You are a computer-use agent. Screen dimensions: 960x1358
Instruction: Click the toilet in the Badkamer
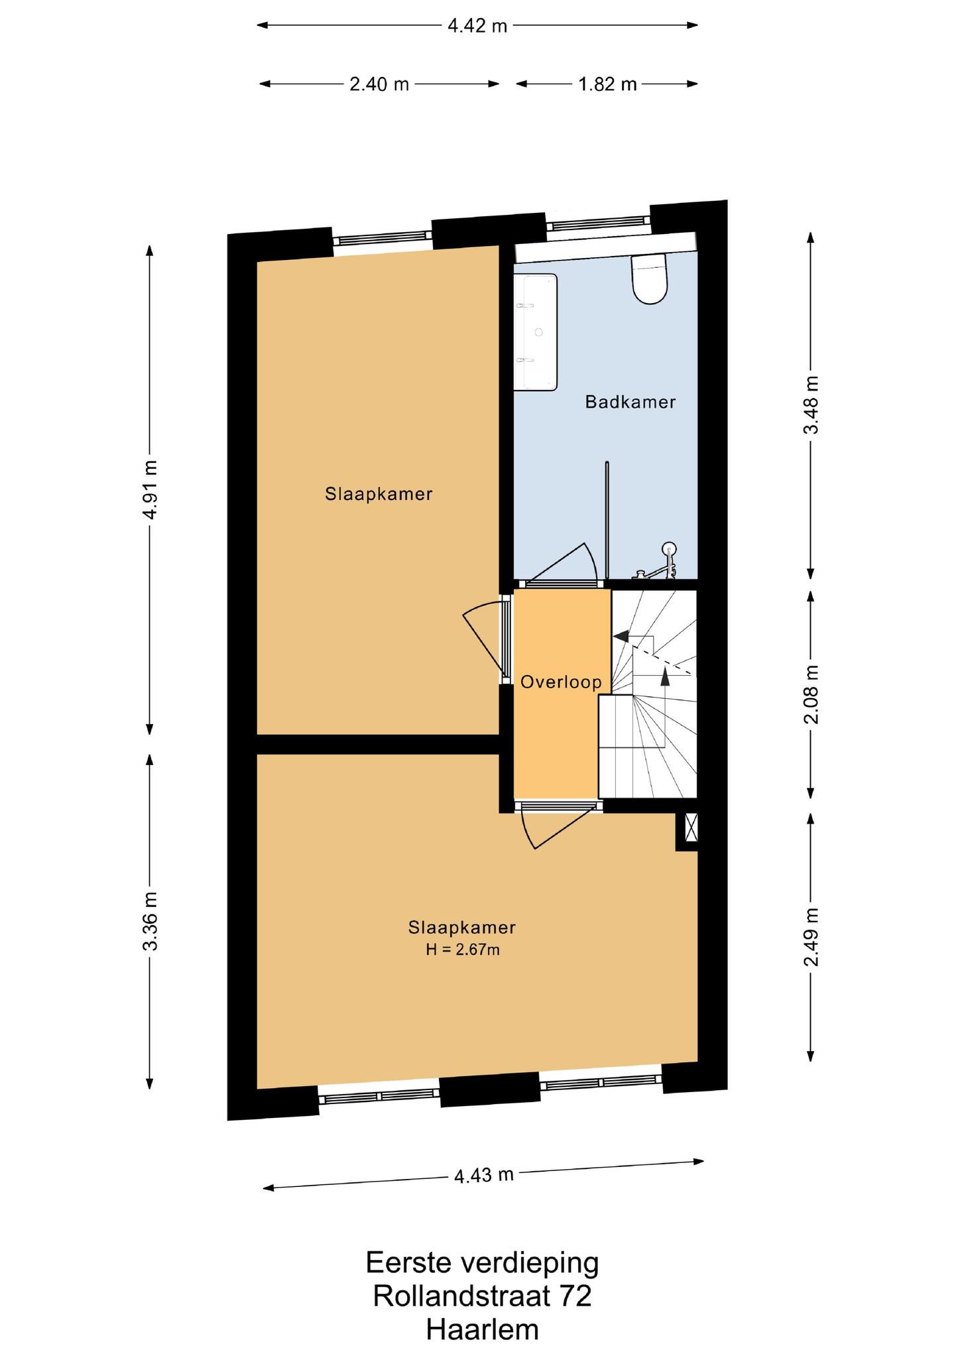pyautogui.click(x=649, y=278)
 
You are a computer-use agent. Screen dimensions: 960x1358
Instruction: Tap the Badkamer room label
pyautogui.click(x=630, y=402)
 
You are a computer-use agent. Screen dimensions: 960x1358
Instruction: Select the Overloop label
pyautogui.click(x=561, y=682)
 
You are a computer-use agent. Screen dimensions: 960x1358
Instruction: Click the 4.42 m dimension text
pyautogui.click(x=477, y=26)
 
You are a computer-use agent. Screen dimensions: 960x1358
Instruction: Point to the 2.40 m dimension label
pyautogui.click(x=379, y=84)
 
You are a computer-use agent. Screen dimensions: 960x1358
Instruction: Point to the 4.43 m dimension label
pyautogui.click(x=484, y=1176)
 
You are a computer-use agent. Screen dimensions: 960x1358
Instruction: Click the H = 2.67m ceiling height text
pyautogui.click(x=463, y=950)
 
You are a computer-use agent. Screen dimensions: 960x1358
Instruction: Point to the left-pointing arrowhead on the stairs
pyautogui.click(x=621, y=636)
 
